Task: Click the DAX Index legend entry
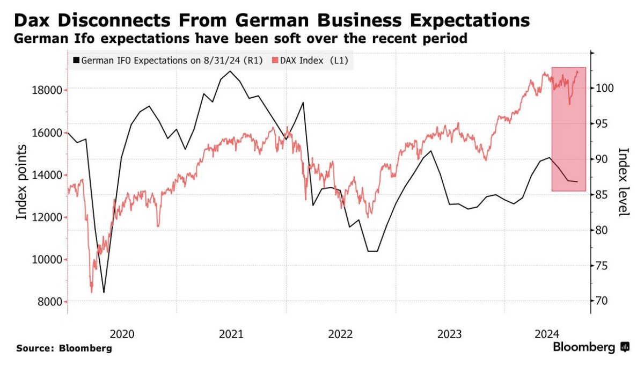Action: [x=309, y=61]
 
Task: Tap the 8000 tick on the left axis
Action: [x=52, y=302]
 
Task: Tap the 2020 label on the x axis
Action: [x=121, y=334]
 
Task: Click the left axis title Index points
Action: [x=22, y=182]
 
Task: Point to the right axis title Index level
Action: [x=623, y=182]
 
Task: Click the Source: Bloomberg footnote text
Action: [x=64, y=349]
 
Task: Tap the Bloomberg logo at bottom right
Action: [x=591, y=347]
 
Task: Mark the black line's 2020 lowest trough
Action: [x=104, y=292]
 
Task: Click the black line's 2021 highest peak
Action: [x=230, y=71]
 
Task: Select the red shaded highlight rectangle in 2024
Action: [x=568, y=129]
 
